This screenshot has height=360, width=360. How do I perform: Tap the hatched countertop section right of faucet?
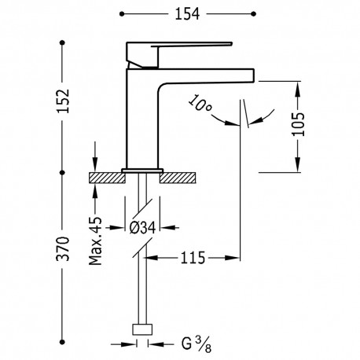click(x=180, y=177)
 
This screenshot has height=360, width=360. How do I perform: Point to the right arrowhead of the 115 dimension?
click(x=236, y=257)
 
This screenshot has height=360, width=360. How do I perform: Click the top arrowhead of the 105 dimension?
click(x=297, y=86)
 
